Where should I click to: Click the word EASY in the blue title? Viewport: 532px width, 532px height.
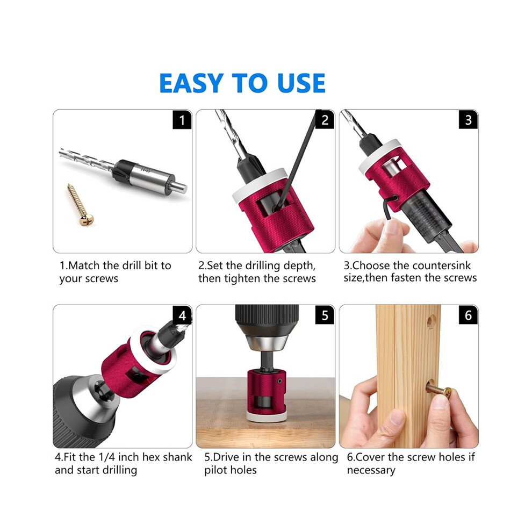pos(191,83)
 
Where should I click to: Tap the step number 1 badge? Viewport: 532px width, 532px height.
pos(182,120)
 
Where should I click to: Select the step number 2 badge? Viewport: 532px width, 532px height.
pos(325,120)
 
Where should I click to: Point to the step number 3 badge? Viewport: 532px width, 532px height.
pos(468,120)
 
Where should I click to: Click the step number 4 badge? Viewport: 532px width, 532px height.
pos(182,315)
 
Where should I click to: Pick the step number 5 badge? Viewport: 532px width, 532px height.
pos(325,315)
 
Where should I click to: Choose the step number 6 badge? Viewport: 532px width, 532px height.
pos(468,315)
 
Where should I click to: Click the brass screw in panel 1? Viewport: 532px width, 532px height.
pos(80,205)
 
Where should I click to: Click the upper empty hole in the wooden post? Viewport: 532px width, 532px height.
pos(431,321)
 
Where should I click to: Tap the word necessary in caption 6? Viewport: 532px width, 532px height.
pos(371,471)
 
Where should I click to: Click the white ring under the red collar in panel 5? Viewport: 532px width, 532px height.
pos(265,416)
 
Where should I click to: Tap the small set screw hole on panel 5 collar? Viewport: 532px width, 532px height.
pos(279,381)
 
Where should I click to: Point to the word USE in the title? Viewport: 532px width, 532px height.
pos(301,83)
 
